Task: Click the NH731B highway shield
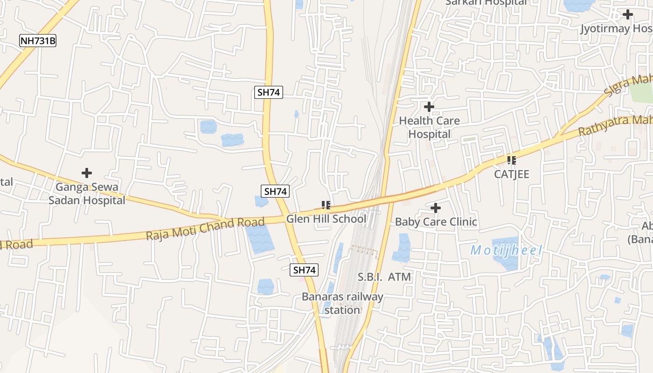pyautogui.click(x=38, y=41)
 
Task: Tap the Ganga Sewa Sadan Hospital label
pyautogui.click(x=87, y=193)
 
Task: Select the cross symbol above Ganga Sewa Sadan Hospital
pyautogui.click(x=87, y=173)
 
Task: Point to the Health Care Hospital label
pyautogui.click(x=429, y=127)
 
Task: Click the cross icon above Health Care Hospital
pyautogui.click(x=429, y=107)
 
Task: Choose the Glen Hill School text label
pyautogui.click(x=326, y=219)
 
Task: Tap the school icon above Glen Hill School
pyautogui.click(x=326, y=205)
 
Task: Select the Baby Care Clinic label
pyautogui.click(x=436, y=221)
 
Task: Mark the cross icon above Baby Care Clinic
pyautogui.click(x=436, y=207)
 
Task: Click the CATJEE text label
pyautogui.click(x=512, y=174)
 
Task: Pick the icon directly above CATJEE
pyautogui.click(x=512, y=160)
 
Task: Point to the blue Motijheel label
pyautogui.click(x=506, y=250)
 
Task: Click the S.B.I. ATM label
pyautogui.click(x=384, y=277)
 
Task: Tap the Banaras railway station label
pyautogui.click(x=342, y=303)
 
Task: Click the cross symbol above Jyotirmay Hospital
pyautogui.click(x=628, y=14)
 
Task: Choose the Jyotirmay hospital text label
pyautogui.click(x=616, y=29)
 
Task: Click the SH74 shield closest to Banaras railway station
pyautogui.click(x=304, y=270)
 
